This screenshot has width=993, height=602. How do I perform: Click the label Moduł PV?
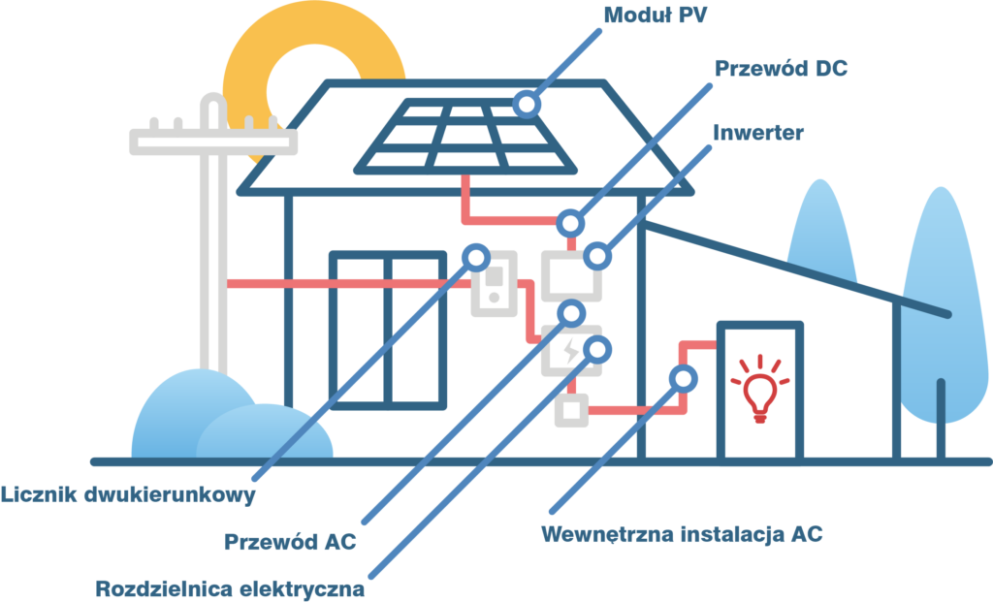(655, 15)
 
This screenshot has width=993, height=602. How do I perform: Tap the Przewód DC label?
(781, 69)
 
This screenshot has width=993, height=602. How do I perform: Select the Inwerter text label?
(758, 133)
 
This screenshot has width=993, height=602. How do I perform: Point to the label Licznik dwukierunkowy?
(128, 494)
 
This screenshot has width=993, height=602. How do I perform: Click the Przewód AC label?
(290, 542)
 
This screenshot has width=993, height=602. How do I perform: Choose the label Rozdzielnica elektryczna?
(230, 588)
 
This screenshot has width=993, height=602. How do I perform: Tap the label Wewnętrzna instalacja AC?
(682, 534)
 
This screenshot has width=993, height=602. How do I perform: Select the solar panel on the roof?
(465, 136)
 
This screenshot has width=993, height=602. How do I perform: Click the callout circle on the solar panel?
(527, 104)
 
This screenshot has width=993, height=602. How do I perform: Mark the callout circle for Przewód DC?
(570, 224)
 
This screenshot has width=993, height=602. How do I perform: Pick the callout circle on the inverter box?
(596, 257)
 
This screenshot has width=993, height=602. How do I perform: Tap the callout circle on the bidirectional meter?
(475, 258)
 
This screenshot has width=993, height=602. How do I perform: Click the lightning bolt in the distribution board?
(571, 351)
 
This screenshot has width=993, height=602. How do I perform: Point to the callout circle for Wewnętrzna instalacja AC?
(684, 379)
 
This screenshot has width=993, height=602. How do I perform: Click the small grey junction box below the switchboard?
(572, 410)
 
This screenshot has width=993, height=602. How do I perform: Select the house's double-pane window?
(388, 331)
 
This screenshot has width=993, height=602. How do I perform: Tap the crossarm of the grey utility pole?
(213, 142)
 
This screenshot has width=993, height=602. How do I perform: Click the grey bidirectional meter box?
(495, 284)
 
